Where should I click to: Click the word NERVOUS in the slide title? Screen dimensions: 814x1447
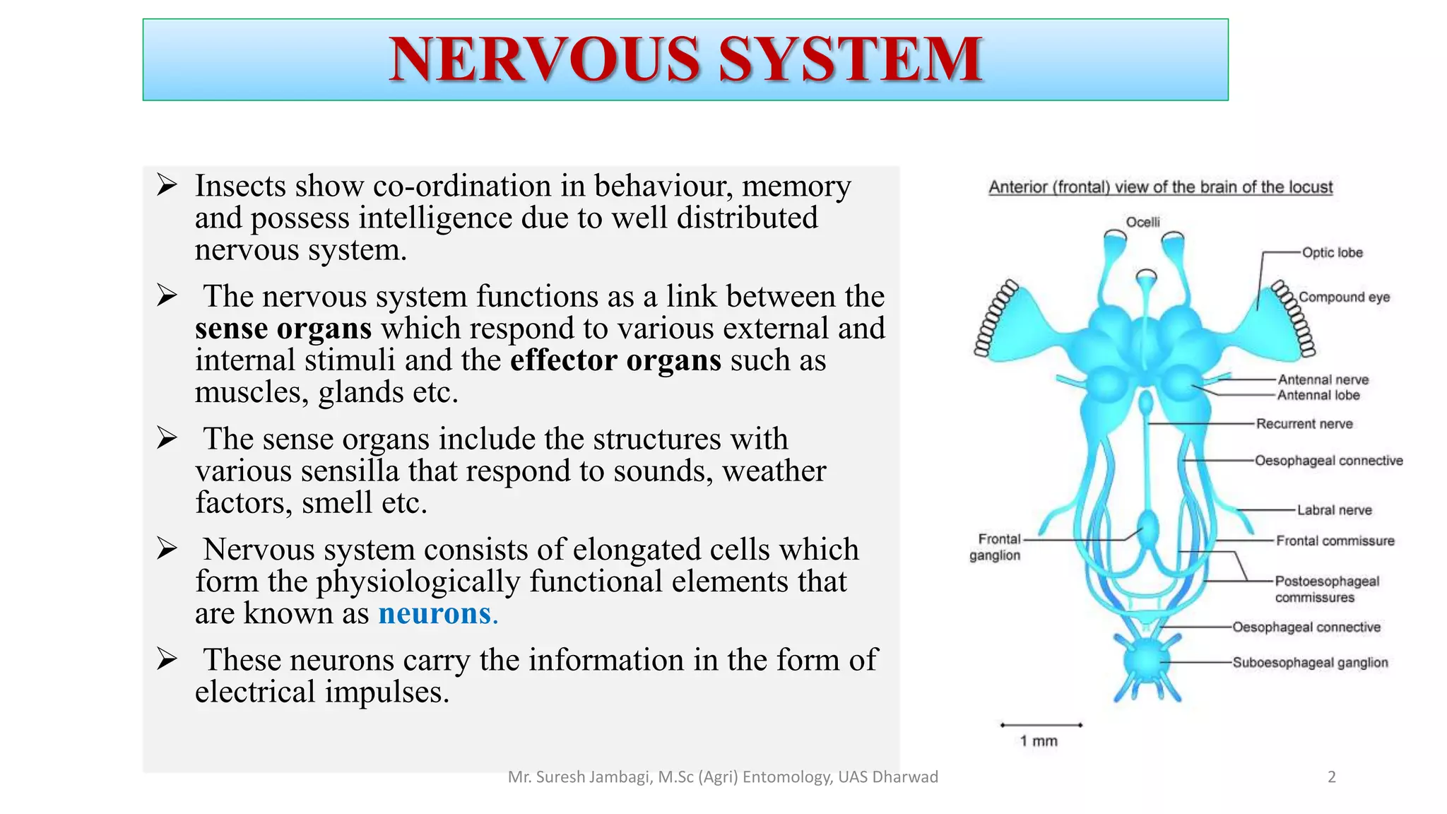[x=545, y=59]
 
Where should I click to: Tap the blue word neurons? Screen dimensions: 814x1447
[x=435, y=613]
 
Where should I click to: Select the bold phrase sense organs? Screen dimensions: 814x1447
[x=283, y=329]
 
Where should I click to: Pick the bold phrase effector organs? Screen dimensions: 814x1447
[x=615, y=360]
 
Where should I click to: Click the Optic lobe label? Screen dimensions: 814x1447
[x=1332, y=253]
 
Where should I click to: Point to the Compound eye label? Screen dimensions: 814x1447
[x=1344, y=297]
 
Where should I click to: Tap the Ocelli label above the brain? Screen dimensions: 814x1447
[x=1142, y=222]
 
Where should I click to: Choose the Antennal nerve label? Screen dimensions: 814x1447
[x=1323, y=379]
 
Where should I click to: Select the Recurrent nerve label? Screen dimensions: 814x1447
[x=1304, y=424]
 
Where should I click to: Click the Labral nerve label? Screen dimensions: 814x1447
[x=1334, y=510]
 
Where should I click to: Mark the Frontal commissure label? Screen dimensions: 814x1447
[x=1335, y=541]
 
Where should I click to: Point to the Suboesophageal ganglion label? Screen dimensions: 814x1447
[x=1310, y=663]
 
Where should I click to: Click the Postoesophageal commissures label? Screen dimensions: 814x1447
[x=1326, y=589]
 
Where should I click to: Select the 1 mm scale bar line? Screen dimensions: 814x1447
[x=1041, y=725]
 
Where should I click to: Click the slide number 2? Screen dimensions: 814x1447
[x=1332, y=777]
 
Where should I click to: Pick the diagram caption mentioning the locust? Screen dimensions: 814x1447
[x=1160, y=187]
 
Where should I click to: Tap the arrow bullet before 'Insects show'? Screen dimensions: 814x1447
[x=167, y=186]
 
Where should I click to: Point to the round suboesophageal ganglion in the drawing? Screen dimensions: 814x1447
[x=1145, y=661]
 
